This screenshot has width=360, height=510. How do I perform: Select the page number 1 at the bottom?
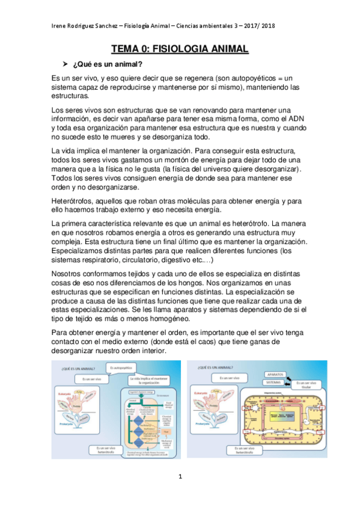(x=180, y=476)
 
